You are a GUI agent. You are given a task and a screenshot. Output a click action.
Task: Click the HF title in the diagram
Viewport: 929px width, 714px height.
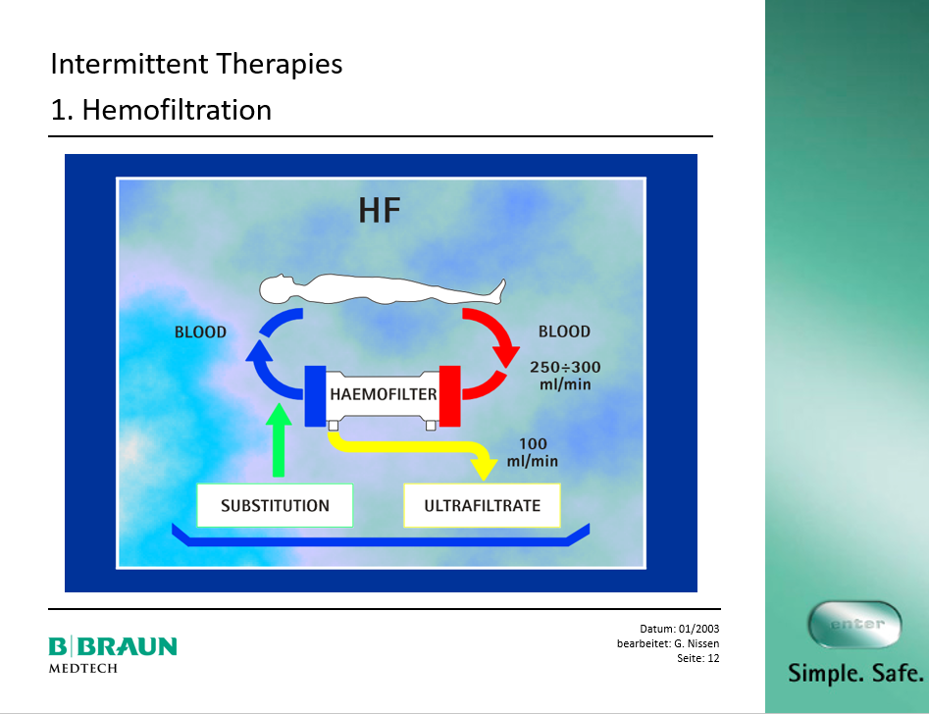point(380,210)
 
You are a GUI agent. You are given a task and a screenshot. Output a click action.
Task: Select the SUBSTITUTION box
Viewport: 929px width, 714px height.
point(275,505)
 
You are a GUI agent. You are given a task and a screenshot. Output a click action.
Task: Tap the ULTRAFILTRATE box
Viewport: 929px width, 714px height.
point(483,505)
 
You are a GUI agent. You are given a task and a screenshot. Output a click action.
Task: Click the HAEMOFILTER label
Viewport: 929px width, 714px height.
point(384,394)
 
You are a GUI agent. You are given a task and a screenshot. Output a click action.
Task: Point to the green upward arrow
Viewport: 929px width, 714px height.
point(279,439)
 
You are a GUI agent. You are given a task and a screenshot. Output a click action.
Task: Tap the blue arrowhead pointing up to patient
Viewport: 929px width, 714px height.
point(259,351)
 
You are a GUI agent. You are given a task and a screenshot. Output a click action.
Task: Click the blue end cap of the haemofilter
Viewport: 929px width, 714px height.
point(315,396)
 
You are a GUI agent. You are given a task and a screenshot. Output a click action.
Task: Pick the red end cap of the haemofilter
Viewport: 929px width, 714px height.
point(449,396)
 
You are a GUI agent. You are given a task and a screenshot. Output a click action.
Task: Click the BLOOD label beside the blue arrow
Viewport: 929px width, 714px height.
point(200,332)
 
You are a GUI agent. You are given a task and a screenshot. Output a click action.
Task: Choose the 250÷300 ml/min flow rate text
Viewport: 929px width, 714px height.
point(565,376)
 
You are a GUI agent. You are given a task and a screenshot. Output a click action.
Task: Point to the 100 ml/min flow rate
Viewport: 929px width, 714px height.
point(533,452)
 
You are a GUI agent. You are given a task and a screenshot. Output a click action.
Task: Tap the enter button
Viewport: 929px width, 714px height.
point(855,625)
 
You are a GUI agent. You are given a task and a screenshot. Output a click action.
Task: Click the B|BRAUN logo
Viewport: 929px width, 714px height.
point(113,646)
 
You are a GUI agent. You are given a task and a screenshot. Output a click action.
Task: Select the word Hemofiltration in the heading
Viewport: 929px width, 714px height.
point(177,110)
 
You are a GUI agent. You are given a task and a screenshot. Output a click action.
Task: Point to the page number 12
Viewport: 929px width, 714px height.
point(713,658)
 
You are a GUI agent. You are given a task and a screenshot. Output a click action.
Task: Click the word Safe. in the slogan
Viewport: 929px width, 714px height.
point(898,673)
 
